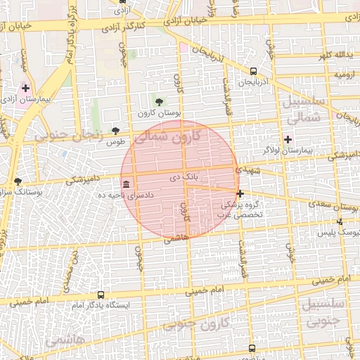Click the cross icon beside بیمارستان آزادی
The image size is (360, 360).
26,89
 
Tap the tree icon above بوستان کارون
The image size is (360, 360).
160,101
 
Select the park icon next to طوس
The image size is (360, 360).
115,131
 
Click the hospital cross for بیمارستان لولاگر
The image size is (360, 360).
288,139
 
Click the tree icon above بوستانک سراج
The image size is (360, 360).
18,181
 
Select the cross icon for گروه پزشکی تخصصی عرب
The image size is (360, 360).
240,193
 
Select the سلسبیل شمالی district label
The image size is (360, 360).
305,110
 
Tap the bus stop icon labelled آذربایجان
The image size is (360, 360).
253,70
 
